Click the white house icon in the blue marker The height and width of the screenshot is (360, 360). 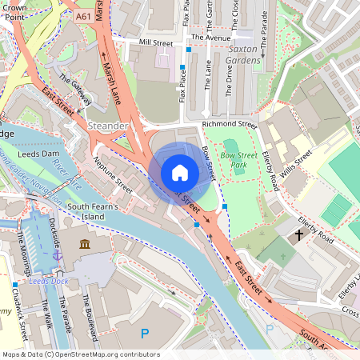(179, 173)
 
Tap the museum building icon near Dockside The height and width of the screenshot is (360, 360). (85, 242)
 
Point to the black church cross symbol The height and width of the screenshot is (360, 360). (299, 235)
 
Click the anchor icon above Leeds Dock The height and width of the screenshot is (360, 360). (57, 254)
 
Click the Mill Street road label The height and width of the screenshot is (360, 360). (155, 42)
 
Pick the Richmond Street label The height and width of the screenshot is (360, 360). (229, 125)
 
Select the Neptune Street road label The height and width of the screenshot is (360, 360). (112, 174)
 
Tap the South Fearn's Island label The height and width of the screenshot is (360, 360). (98, 211)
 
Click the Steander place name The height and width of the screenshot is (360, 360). (108, 126)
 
